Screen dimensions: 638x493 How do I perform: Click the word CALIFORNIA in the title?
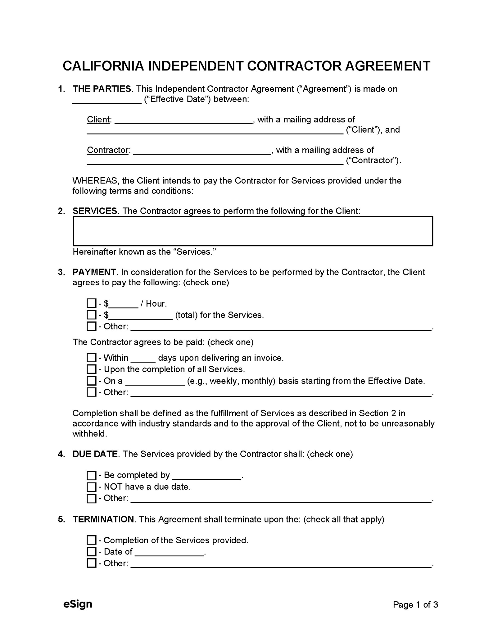(103, 66)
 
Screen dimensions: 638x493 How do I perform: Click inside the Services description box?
(253, 231)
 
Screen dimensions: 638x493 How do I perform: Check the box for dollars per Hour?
(92, 303)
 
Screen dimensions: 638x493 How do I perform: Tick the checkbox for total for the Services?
(92, 315)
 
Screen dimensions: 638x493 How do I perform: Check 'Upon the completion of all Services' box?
(92, 369)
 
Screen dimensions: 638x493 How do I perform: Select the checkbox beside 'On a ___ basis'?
(92, 381)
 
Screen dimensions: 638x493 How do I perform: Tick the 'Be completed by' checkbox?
(92, 475)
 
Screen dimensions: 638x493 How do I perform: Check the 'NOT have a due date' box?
(92, 487)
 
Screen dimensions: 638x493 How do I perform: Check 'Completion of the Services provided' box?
(92, 540)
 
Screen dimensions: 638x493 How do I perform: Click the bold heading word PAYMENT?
(94, 272)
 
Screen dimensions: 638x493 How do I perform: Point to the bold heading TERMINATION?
(103, 519)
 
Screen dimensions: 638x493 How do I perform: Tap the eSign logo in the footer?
(78, 604)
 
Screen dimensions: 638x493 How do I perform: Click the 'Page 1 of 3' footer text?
(415, 605)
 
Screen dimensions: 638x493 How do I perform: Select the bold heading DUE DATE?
(95, 454)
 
